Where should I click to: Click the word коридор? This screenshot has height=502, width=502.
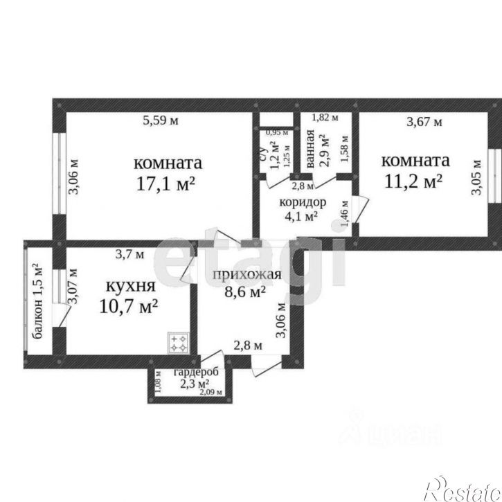point(303,202)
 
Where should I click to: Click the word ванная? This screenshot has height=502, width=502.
point(311,153)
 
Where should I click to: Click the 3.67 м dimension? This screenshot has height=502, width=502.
point(423,123)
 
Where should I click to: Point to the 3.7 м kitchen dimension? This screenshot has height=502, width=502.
point(129,254)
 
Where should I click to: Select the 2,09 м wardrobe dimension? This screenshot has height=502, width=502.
point(210,393)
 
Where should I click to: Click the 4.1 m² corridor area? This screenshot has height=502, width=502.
point(302,215)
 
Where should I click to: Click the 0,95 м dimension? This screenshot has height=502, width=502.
point(278,132)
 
